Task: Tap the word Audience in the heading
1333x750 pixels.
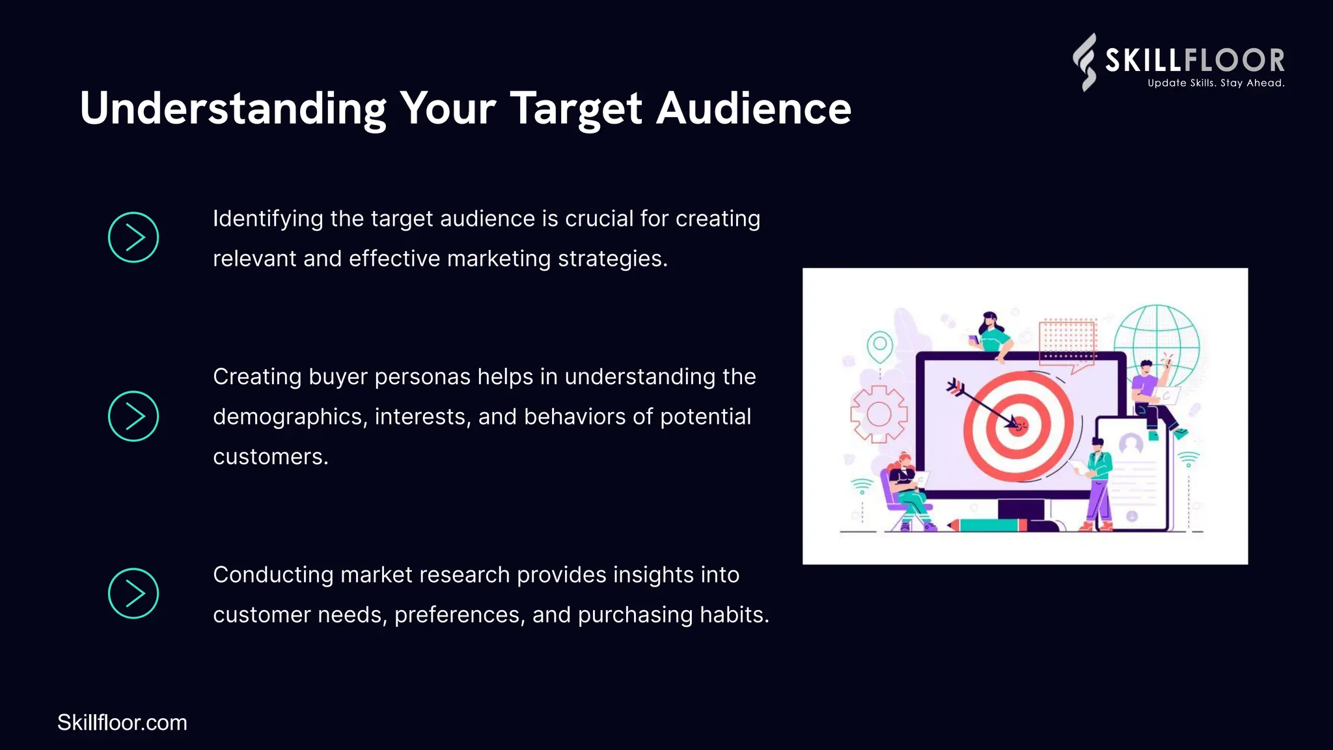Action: [753, 109]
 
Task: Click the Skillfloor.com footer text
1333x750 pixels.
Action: [122, 723]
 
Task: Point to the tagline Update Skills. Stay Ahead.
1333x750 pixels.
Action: [1215, 83]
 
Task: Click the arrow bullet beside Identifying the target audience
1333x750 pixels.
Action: [133, 238]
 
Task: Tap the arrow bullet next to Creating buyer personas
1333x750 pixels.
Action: [133, 416]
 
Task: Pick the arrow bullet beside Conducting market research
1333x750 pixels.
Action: [133, 593]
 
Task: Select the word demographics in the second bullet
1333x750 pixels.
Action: [290, 417]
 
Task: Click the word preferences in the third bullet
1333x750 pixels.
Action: [460, 615]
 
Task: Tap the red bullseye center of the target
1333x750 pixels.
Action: [1019, 426]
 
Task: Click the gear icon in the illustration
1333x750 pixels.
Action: [879, 414]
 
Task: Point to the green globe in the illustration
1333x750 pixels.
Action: [1157, 345]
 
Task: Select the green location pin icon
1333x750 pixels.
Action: [879, 345]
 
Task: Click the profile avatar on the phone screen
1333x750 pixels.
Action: [1131, 444]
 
